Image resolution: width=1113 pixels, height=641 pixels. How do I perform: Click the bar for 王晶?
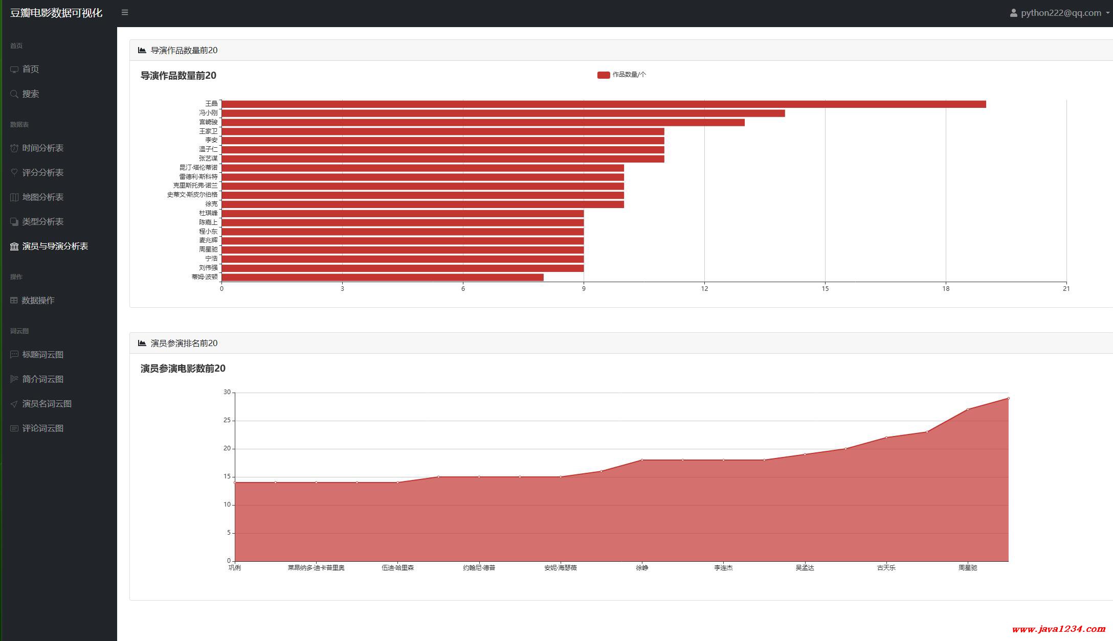tap(604, 104)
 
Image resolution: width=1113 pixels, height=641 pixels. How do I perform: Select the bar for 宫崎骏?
tap(483, 123)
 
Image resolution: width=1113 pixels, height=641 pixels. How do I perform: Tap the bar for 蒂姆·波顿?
tap(382, 277)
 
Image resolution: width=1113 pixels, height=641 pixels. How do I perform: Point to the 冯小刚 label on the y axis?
tap(208, 113)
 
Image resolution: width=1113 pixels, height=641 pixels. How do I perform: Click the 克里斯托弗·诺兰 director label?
tap(195, 186)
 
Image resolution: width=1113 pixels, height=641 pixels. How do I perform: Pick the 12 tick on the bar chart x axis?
tap(704, 289)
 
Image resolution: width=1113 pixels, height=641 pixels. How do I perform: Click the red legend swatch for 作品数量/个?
tap(604, 75)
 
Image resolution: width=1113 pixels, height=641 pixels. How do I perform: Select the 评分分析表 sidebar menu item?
tap(42, 173)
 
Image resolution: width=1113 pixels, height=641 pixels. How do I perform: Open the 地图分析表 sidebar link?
tap(42, 197)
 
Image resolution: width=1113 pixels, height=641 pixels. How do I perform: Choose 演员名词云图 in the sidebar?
tap(47, 404)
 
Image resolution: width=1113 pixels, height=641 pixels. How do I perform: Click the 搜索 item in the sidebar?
tap(31, 94)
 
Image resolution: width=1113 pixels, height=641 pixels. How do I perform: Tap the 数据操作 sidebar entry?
tap(38, 301)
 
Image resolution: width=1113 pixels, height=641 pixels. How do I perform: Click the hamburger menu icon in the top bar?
tap(125, 12)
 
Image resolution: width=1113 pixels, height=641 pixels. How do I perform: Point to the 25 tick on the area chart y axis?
tap(227, 421)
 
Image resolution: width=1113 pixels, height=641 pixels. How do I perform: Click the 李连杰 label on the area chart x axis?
tap(723, 568)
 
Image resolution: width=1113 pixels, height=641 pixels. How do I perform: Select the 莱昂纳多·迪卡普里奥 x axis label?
tap(316, 568)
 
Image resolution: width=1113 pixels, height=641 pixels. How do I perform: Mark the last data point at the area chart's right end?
tap(1008, 398)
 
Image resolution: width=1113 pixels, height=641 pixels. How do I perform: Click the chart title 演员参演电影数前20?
tap(183, 369)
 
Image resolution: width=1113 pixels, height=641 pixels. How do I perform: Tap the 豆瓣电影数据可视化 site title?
tap(56, 13)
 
